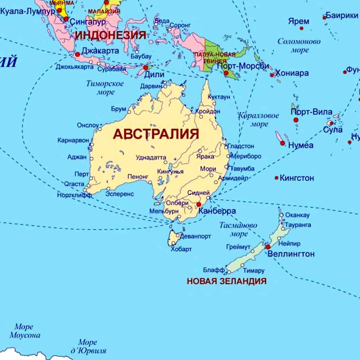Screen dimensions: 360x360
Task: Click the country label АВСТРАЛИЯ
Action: point(156,134)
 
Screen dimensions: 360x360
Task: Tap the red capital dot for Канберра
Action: point(198,204)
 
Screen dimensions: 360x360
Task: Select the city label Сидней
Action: point(198,193)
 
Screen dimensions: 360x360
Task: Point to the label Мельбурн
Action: point(162,211)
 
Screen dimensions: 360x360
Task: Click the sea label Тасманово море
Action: point(238,229)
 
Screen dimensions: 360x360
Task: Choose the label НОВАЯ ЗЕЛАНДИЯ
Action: point(227,281)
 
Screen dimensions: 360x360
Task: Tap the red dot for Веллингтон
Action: point(268,247)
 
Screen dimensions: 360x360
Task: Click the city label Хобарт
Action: point(181,249)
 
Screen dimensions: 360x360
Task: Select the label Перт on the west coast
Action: point(81,174)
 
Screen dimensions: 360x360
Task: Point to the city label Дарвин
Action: point(151,86)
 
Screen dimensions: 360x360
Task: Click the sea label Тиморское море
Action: point(105,88)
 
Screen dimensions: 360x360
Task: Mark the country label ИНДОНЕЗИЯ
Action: point(110,35)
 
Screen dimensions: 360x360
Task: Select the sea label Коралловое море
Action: point(259,120)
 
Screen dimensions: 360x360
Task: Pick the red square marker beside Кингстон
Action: point(276,178)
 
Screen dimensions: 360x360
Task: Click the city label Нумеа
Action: point(301,145)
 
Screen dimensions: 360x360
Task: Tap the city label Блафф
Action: point(214,270)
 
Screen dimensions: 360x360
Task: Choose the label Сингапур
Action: point(88,21)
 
